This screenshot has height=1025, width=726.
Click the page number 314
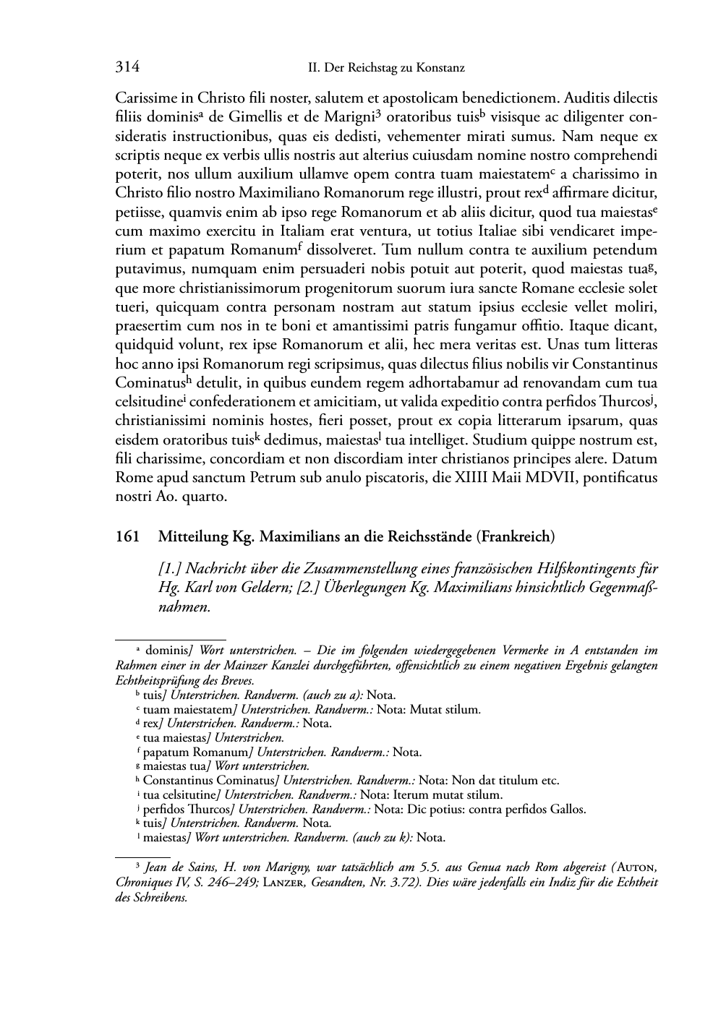point(127,68)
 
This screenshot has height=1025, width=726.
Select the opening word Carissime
point(143,98)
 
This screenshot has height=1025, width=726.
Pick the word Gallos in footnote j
point(565,810)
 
